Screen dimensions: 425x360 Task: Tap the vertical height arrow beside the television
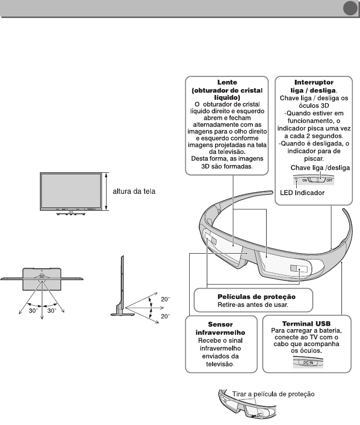(x=107, y=191)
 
